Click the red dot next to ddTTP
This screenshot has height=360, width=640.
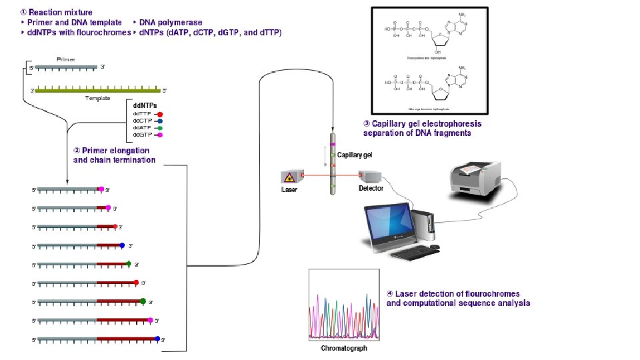point(160,114)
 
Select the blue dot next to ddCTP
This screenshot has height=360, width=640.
point(160,121)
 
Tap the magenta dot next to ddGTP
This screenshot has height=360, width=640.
point(160,135)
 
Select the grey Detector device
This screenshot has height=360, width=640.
point(370,177)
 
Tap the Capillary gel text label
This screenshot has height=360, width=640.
point(355,155)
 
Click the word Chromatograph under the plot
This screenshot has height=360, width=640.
point(344,348)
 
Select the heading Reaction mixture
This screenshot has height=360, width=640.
point(59,12)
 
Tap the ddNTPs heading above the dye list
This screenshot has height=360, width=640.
point(145,105)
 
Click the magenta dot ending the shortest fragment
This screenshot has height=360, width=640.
point(101,189)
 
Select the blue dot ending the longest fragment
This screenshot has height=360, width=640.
point(157,339)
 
